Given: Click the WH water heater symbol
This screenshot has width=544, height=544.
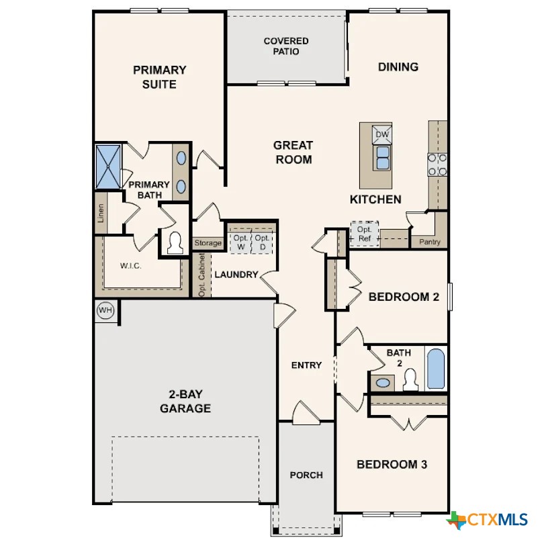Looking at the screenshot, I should pos(105,310).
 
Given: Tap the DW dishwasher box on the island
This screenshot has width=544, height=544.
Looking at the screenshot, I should pos(382,135).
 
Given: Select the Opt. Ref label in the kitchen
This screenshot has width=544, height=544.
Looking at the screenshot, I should pos(364,233).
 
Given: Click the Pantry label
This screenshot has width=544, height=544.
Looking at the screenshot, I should pos(429,242).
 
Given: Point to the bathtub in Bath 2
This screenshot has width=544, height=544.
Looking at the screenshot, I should pos(436,369).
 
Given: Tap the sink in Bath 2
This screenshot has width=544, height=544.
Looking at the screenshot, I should pos(383,383).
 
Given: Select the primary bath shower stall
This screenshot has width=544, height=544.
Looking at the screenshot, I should pos(108,167).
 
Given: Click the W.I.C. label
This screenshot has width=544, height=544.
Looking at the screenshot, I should pos(131,266).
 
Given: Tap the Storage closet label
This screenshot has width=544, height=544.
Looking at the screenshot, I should pos(208,243).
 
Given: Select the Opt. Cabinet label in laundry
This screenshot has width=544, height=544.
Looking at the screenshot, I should pos(201,275).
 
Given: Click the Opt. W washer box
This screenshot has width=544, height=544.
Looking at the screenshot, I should pos(240,242).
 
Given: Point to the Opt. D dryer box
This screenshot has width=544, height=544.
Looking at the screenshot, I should pos(263,242).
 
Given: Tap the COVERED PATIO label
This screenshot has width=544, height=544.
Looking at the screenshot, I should pos(285,46).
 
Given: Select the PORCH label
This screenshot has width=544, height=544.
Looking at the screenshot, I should pos(306,475).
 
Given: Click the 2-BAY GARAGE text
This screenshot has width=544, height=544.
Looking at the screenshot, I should pos(185,402).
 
